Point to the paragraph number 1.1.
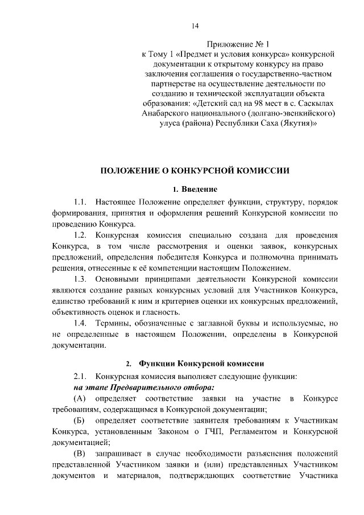(81, 201)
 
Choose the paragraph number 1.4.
(81, 323)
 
